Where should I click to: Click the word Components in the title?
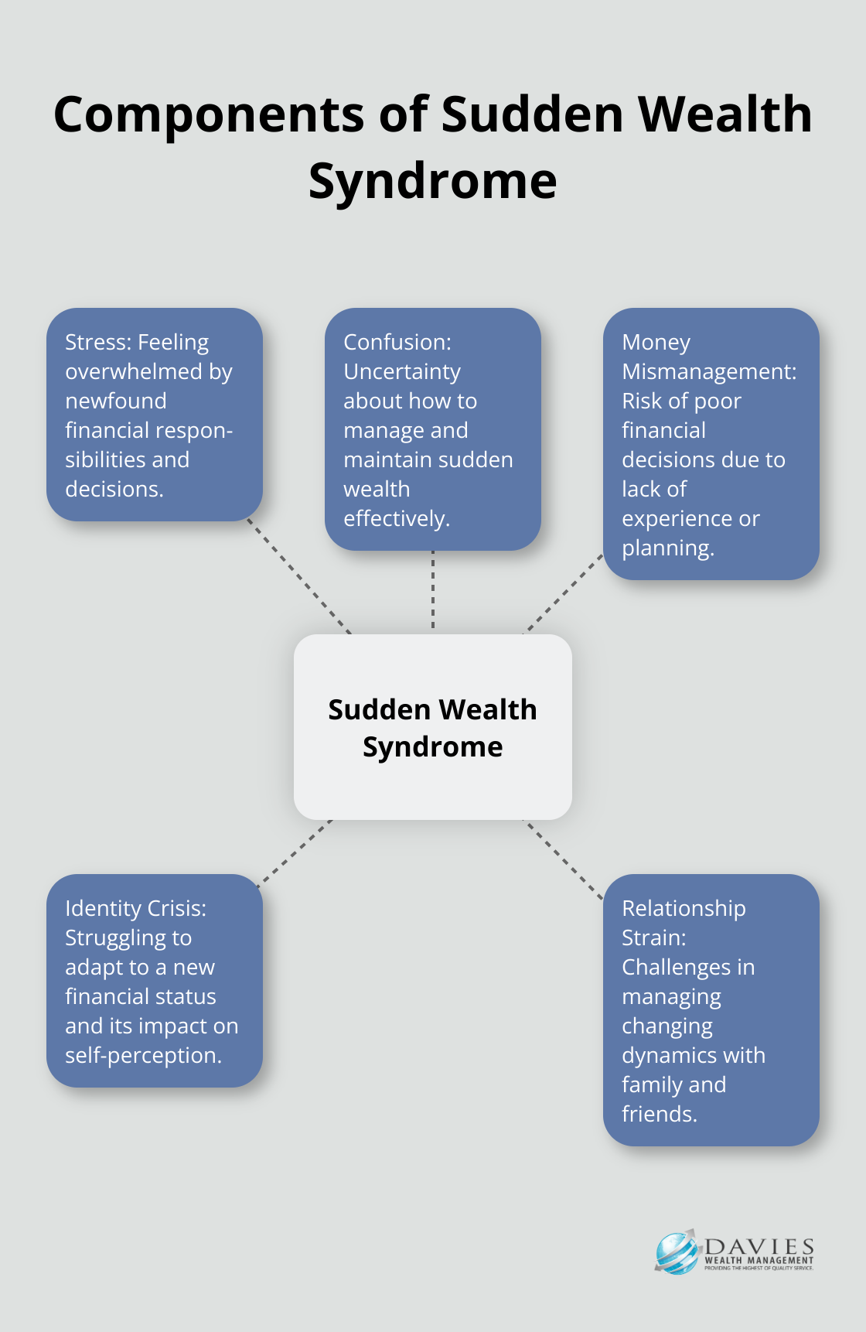(209, 114)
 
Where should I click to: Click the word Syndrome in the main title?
(432, 181)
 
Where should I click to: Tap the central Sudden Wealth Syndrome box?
(432, 727)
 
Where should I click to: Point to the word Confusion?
(396, 342)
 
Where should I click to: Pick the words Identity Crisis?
(135, 908)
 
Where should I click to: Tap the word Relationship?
(684, 908)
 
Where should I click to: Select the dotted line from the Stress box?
(298, 576)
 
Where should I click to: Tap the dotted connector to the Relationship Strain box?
(564, 859)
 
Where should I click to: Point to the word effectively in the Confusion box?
(396, 518)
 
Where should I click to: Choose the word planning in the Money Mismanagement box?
(667, 548)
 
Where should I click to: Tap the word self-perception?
(143, 1055)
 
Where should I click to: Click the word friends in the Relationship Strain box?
(659, 1114)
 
